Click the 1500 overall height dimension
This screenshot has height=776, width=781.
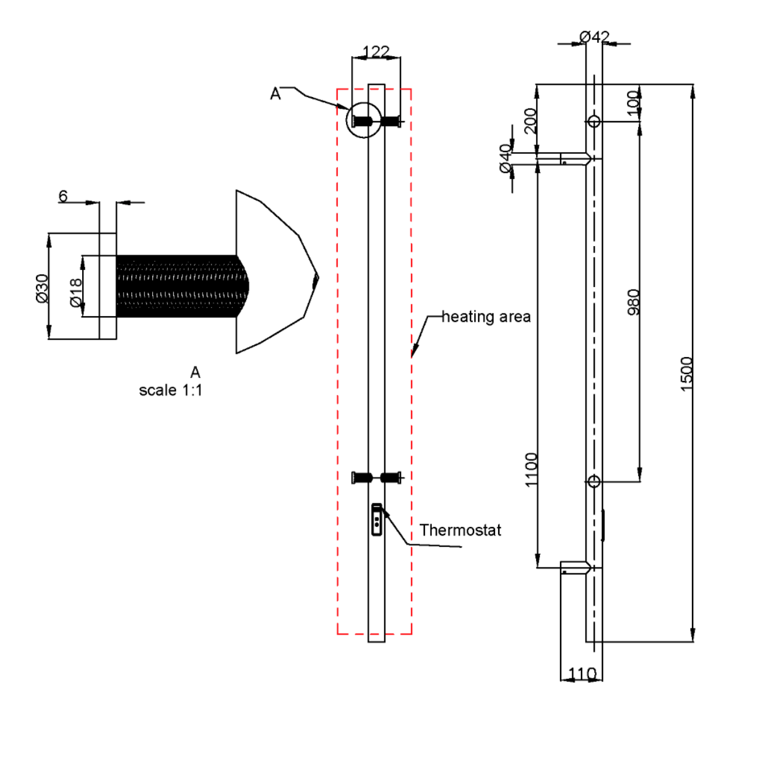click(686, 373)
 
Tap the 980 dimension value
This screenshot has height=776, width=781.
click(633, 302)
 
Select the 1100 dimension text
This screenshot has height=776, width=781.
click(530, 469)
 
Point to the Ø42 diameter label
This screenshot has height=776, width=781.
click(594, 37)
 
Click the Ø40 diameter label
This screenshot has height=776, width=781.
click(505, 158)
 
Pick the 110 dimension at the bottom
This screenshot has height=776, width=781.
click(582, 674)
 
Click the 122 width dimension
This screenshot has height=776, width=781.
click(376, 52)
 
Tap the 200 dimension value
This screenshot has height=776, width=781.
click(530, 121)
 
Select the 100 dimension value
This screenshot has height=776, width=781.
click(633, 103)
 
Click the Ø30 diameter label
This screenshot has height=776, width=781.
click(42, 288)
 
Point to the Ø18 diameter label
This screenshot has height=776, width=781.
click(76, 293)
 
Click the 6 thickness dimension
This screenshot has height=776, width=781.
click(63, 196)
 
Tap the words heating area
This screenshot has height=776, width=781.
click(486, 316)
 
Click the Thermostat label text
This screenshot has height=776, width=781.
click(460, 530)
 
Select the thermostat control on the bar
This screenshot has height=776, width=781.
click(376, 519)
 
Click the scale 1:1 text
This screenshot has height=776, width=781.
click(170, 390)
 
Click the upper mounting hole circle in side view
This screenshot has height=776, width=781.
click(593, 121)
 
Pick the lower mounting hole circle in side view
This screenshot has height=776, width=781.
click(593, 481)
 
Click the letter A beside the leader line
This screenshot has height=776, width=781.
click(275, 93)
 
